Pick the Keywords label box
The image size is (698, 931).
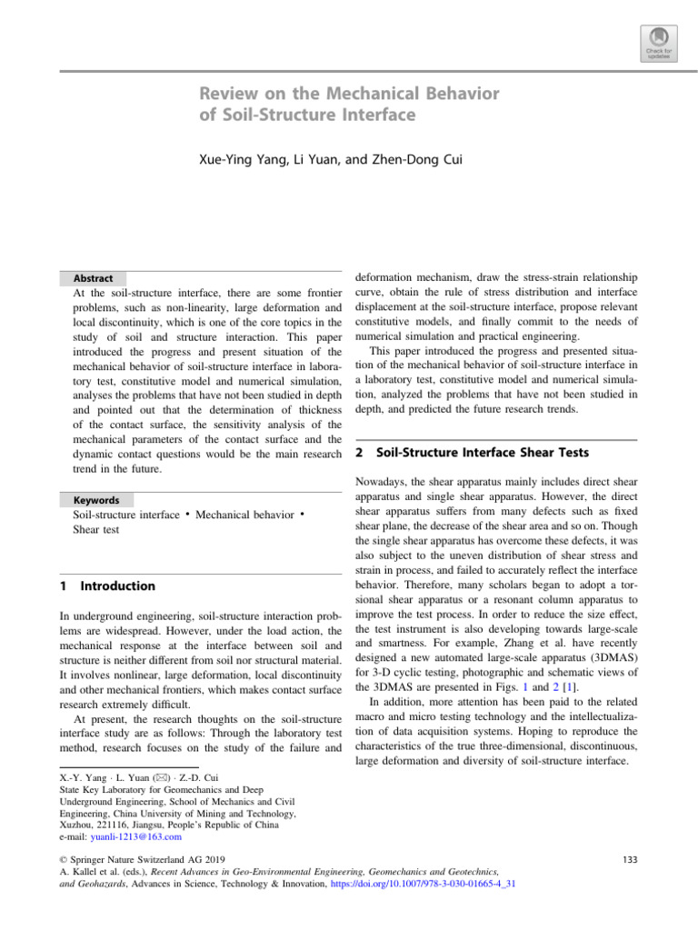(95, 500)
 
